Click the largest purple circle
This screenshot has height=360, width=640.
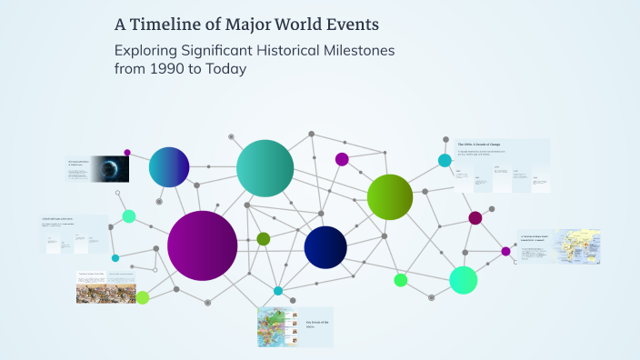click(202, 245)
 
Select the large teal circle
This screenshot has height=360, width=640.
click(265, 168)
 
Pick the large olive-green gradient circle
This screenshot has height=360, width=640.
click(390, 196)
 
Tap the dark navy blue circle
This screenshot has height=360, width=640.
click(325, 247)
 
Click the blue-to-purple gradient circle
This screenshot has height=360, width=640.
click(169, 166)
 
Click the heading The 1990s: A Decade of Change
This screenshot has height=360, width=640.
click(481, 145)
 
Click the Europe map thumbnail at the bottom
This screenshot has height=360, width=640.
click(274, 327)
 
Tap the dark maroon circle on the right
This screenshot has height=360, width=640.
click(475, 218)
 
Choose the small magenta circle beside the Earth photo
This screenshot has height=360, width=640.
click(127, 153)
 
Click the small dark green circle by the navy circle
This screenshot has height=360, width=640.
click(264, 238)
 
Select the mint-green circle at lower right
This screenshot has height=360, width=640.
click(463, 280)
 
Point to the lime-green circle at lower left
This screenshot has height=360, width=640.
click(143, 297)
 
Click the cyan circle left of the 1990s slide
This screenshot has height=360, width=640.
click(445, 161)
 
